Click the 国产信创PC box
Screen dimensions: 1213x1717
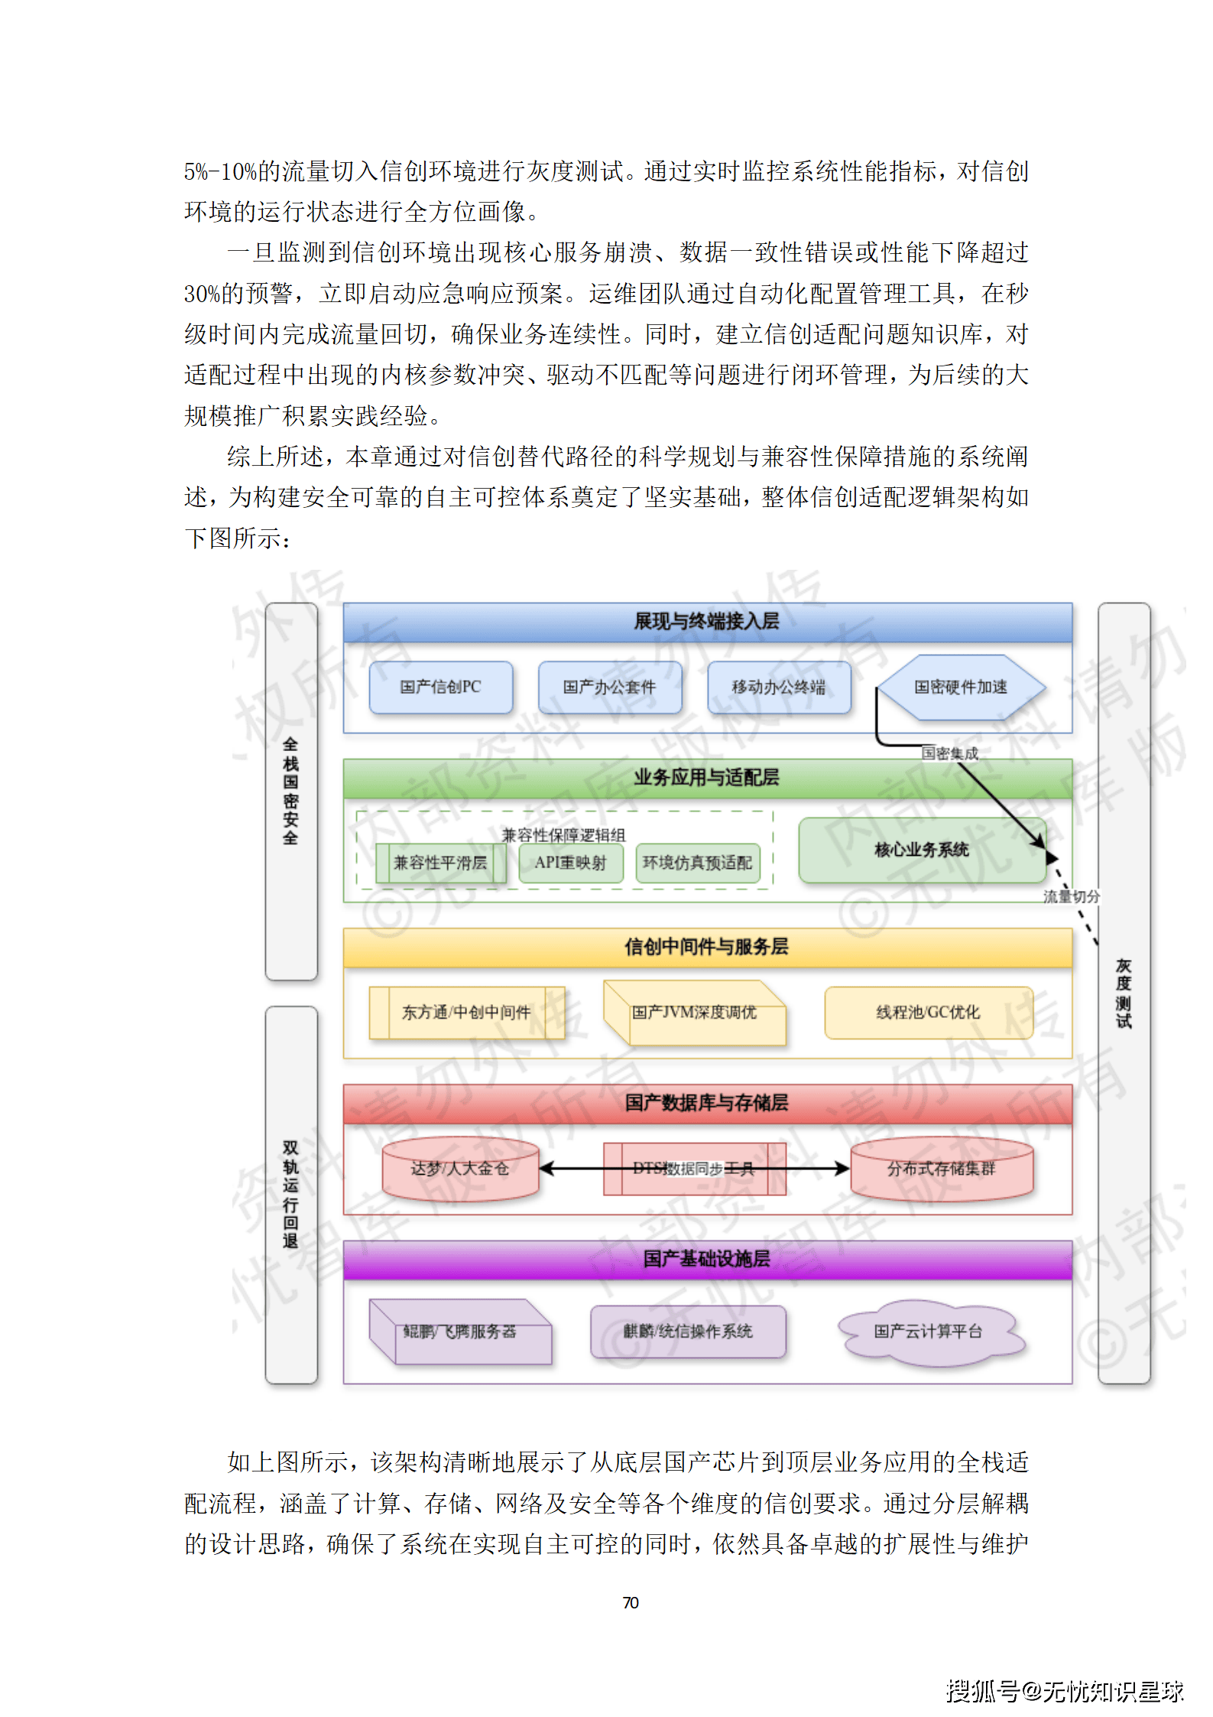(440, 687)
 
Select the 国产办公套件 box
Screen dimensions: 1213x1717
(609, 687)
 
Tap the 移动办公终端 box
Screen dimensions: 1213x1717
(778, 687)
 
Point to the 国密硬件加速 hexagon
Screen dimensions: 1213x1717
(961, 687)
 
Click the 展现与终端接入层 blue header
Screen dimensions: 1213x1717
(707, 622)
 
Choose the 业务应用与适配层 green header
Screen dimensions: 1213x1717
(707, 778)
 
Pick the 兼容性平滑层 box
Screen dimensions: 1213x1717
(440, 863)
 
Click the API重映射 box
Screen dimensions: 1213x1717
(570, 863)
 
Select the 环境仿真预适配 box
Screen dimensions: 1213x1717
(697, 863)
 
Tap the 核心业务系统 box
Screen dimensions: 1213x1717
(921, 850)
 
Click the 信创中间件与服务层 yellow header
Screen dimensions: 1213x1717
(707, 947)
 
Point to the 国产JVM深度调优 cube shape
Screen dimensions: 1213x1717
(694, 1013)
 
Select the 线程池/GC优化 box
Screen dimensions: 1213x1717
(928, 1013)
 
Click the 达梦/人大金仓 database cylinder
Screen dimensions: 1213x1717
(460, 1169)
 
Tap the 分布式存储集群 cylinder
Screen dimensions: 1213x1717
(941, 1169)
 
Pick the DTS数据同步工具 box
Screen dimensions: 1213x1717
(694, 1169)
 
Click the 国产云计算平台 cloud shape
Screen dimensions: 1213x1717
(928, 1332)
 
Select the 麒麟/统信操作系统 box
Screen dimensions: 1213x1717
(688, 1332)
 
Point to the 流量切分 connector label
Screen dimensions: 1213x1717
(1072, 896)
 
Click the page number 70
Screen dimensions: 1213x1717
(631, 1602)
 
